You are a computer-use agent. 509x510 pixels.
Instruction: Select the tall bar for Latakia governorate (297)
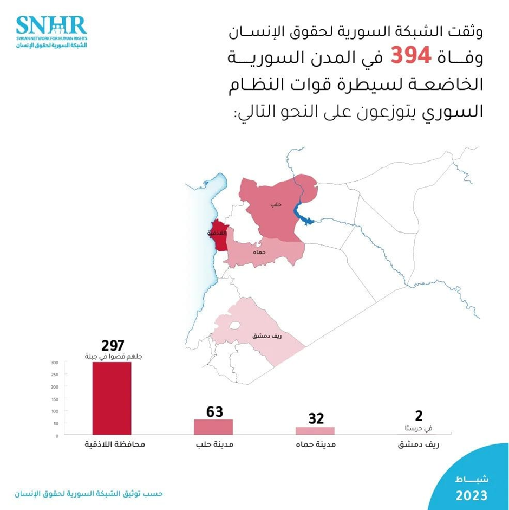click(x=112, y=398)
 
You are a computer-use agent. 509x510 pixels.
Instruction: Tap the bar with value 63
click(x=213, y=427)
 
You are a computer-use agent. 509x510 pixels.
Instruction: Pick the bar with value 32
click(x=315, y=430)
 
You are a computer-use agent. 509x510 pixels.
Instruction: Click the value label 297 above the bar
click(x=113, y=345)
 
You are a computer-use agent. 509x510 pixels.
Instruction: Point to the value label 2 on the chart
click(x=418, y=416)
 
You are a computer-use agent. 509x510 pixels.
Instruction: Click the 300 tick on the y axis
click(x=54, y=363)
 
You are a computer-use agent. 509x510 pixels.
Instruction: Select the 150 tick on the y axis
click(x=54, y=399)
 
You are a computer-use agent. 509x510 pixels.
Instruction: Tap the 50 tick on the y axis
click(x=55, y=423)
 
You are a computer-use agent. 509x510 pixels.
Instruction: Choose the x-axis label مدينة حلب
click(x=213, y=446)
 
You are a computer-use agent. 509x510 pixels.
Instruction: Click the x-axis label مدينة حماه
click(x=315, y=446)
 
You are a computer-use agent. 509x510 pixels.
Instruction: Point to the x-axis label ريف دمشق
click(x=417, y=446)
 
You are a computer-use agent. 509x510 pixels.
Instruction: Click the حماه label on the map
click(x=259, y=253)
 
